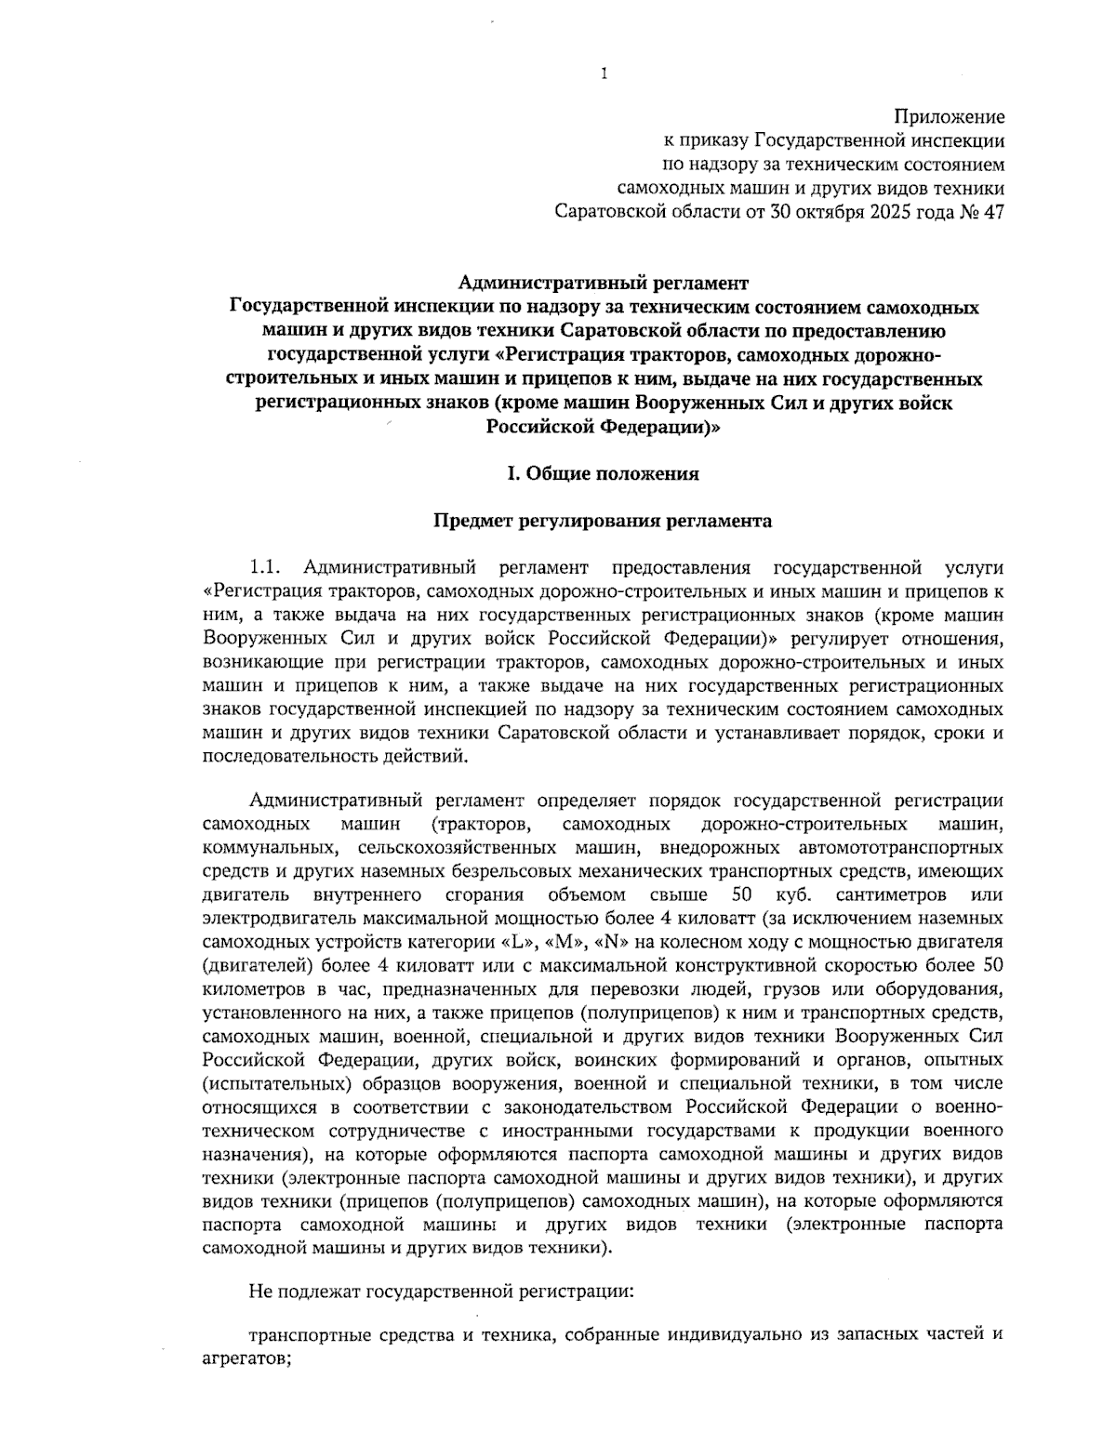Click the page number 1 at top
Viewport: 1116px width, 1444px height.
pyautogui.click(x=604, y=73)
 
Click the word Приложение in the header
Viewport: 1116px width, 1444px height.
pyautogui.click(x=949, y=117)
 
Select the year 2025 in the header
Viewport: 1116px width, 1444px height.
pyautogui.click(x=892, y=212)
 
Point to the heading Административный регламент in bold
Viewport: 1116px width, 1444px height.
pyautogui.click(x=604, y=283)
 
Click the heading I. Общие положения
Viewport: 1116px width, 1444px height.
pyautogui.click(x=603, y=474)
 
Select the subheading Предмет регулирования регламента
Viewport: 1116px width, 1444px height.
pyautogui.click(x=603, y=522)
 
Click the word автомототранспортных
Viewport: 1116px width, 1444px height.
pyautogui.click(x=900, y=848)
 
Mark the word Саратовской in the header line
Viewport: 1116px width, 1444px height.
pyautogui.click(x=610, y=212)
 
